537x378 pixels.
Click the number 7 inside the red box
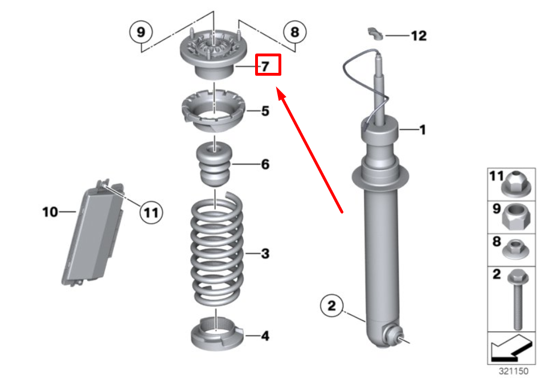265,66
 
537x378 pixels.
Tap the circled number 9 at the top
141,32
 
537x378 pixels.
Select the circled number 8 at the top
295,32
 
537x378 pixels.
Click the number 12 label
419,36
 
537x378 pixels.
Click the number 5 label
265,111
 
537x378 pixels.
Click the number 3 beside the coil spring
265,254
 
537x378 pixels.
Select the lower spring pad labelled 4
217,334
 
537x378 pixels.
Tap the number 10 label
50,212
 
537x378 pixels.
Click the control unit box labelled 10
93,233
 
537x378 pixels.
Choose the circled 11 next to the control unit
151,213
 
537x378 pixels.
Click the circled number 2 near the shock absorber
331,305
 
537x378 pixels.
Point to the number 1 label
423,130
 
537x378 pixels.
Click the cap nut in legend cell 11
516,184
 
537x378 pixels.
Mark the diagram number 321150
514,371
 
